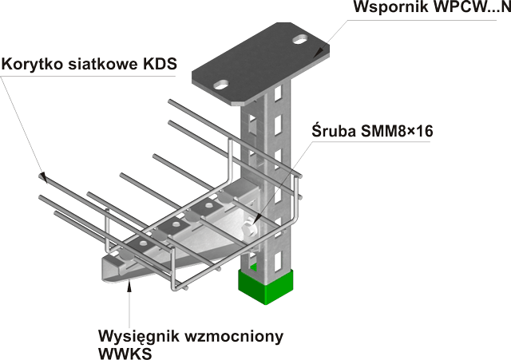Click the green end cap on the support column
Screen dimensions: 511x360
pyautogui.click(x=266, y=286)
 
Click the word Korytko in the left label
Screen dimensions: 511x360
pyautogui.click(x=32, y=64)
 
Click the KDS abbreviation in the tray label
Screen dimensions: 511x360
pyautogui.click(x=160, y=64)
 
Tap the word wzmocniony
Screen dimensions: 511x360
pyautogui.click(x=233, y=336)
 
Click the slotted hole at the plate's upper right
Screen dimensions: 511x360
pyautogui.click(x=300, y=40)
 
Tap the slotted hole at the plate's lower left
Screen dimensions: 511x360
pyautogui.click(x=221, y=85)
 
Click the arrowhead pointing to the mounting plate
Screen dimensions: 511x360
pyautogui.click(x=319, y=53)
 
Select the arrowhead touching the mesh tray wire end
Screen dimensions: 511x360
pyautogui.click(x=42, y=177)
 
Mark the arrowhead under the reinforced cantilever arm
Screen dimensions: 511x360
pyautogui.click(x=129, y=287)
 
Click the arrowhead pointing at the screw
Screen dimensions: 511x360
pyautogui.click(x=258, y=218)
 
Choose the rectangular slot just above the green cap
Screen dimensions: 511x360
pyautogui.click(x=278, y=263)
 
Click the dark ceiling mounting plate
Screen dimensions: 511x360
pyautogui.click(x=260, y=63)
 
